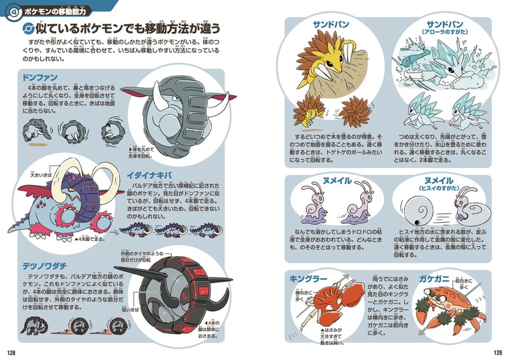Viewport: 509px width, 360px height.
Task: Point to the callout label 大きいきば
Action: coord(34,172)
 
